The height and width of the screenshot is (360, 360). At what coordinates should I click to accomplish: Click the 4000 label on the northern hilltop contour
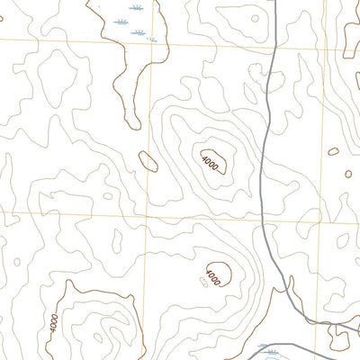210,163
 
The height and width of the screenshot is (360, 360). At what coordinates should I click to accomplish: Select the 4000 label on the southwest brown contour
56,320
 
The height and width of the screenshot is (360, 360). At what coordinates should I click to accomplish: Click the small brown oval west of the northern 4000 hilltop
148,161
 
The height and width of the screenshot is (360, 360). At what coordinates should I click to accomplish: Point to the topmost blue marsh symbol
134,7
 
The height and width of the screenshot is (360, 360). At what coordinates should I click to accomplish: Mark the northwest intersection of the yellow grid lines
148,43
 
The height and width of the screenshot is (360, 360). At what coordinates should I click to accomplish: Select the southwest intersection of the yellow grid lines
145,215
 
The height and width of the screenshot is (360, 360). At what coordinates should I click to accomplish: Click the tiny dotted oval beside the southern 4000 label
203,282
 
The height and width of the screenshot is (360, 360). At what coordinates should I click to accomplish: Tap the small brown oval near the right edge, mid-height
334,151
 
